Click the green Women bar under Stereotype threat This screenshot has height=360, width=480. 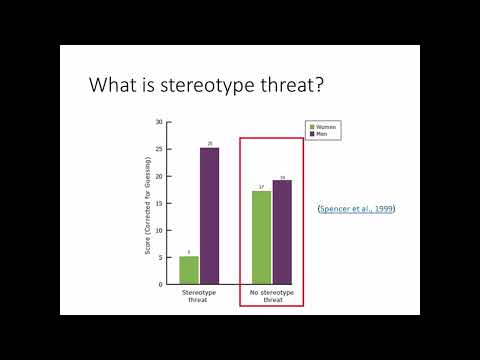click(189, 270)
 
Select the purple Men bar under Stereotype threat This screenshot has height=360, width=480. click(210, 216)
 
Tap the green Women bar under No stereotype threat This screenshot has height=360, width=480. click(261, 237)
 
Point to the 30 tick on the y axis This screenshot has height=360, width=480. click(159, 122)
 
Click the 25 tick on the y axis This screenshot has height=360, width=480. click(159, 149)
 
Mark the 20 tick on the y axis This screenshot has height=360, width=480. click(159, 176)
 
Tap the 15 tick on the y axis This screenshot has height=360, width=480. click(159, 203)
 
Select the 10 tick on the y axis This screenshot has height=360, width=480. click(159, 230)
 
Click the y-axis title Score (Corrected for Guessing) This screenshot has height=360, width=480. click(147, 203)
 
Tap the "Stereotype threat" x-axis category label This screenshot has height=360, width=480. click(199, 297)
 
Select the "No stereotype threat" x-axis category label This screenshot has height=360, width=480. click(271, 297)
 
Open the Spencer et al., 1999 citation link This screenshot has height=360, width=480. click(356, 208)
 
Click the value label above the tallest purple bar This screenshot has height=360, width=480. click(210, 144)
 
